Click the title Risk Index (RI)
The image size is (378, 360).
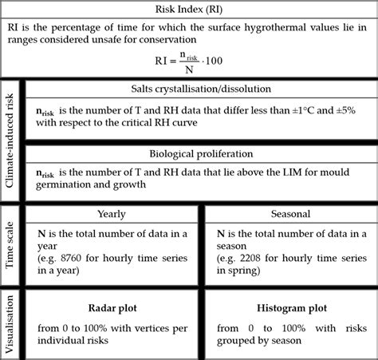tap(188, 10)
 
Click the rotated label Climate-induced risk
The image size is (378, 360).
tap(10, 139)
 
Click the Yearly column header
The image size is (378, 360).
tap(111, 214)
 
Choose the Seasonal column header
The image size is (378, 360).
tap(290, 214)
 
